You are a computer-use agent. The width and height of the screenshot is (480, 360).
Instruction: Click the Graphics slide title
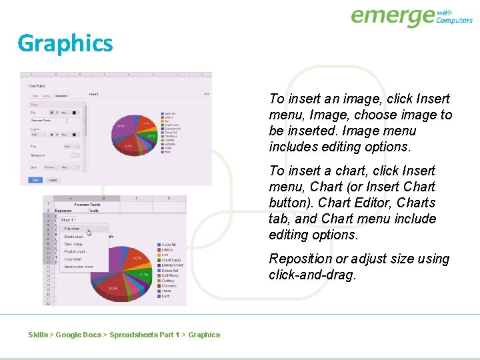65,43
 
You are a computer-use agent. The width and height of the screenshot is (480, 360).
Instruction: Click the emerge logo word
392,16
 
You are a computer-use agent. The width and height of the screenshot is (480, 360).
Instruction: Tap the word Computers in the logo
454,20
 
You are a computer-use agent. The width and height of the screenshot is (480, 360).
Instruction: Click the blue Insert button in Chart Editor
34,179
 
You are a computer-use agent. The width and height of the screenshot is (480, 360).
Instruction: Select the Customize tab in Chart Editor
61,95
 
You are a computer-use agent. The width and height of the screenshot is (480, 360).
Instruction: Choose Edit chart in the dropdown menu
72,229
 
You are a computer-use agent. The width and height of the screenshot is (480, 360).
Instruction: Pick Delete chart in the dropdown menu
73,237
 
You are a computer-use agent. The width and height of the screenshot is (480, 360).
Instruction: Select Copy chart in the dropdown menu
73,259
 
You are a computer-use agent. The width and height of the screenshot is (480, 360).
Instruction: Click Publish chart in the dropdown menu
75,251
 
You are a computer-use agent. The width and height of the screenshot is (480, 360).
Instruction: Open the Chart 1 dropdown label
68,219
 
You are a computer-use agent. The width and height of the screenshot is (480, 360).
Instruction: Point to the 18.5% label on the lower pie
114,288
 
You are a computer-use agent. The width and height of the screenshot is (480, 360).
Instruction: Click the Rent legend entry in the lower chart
165,296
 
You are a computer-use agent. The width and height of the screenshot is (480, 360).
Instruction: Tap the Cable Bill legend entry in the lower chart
169,245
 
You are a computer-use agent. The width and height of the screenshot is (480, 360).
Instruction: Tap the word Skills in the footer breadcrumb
38,335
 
